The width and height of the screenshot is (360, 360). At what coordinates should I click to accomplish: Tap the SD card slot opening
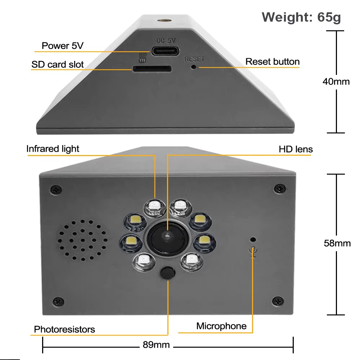[x=152, y=68]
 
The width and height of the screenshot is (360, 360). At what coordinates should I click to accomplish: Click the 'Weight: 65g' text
[x=301, y=17]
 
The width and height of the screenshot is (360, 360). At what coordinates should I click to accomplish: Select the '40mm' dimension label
[x=336, y=82]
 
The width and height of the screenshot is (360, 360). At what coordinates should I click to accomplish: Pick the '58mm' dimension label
[x=337, y=243]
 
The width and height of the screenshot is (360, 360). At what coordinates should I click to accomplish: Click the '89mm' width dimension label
[x=156, y=345]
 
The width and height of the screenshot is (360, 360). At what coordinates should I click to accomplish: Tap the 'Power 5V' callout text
[x=60, y=46]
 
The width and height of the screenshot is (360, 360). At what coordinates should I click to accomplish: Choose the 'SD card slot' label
[x=58, y=64]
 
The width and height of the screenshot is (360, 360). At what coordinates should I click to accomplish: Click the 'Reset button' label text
[x=272, y=62]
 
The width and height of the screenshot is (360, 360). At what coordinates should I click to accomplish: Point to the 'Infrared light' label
[x=53, y=149]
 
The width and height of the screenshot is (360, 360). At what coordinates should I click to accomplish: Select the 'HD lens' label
[x=296, y=149]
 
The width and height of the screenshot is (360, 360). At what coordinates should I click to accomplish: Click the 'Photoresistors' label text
[x=64, y=329]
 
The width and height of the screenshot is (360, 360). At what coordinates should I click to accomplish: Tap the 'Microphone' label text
[x=221, y=326]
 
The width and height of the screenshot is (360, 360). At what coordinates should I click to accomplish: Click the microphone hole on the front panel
[x=253, y=239]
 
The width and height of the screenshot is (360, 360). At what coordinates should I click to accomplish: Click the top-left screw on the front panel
[x=56, y=189]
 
